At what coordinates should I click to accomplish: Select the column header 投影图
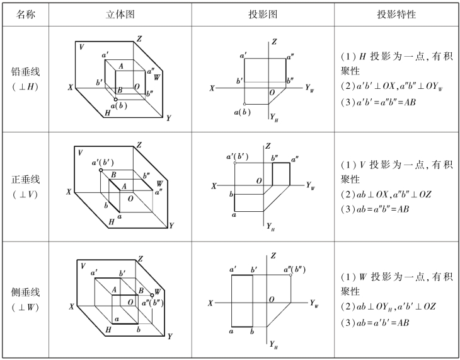click(x=263, y=13)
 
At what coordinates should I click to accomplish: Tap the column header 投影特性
click(x=396, y=13)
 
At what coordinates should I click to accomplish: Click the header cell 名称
click(x=25, y=13)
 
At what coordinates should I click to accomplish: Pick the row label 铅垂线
click(x=25, y=71)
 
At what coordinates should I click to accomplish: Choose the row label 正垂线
click(x=25, y=180)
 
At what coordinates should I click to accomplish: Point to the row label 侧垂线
click(x=25, y=292)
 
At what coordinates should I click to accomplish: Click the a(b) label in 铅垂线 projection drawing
click(x=241, y=112)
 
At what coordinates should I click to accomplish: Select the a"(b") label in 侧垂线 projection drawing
click(x=295, y=269)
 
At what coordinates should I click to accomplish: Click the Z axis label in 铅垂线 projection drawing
click(x=274, y=42)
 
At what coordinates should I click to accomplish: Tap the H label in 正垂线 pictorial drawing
click(x=112, y=221)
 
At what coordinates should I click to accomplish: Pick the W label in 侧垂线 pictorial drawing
click(x=158, y=291)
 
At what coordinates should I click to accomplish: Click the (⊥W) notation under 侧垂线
click(x=25, y=307)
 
